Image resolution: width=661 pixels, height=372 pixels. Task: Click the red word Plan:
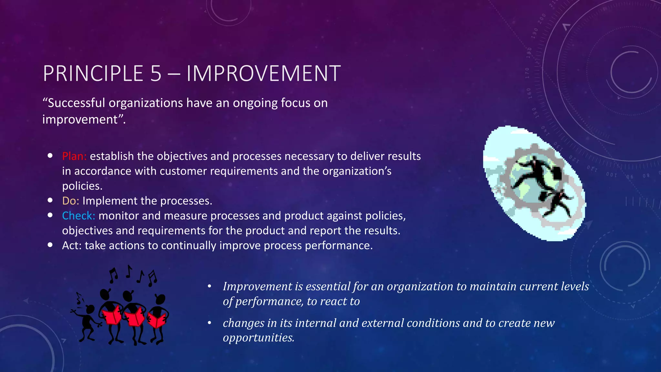[x=74, y=156]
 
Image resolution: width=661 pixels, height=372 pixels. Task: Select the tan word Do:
[x=70, y=201]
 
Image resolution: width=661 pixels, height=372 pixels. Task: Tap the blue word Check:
[x=78, y=216]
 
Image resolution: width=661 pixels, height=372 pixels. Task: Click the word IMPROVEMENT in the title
[x=263, y=74]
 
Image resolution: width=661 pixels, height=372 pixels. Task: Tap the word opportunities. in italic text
[x=259, y=337]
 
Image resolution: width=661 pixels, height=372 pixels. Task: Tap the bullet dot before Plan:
[x=50, y=156]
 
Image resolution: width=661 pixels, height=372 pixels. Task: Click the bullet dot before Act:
[x=50, y=245]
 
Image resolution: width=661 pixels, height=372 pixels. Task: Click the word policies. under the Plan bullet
[x=82, y=186]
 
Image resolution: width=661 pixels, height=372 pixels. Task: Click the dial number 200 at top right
[x=542, y=19]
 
